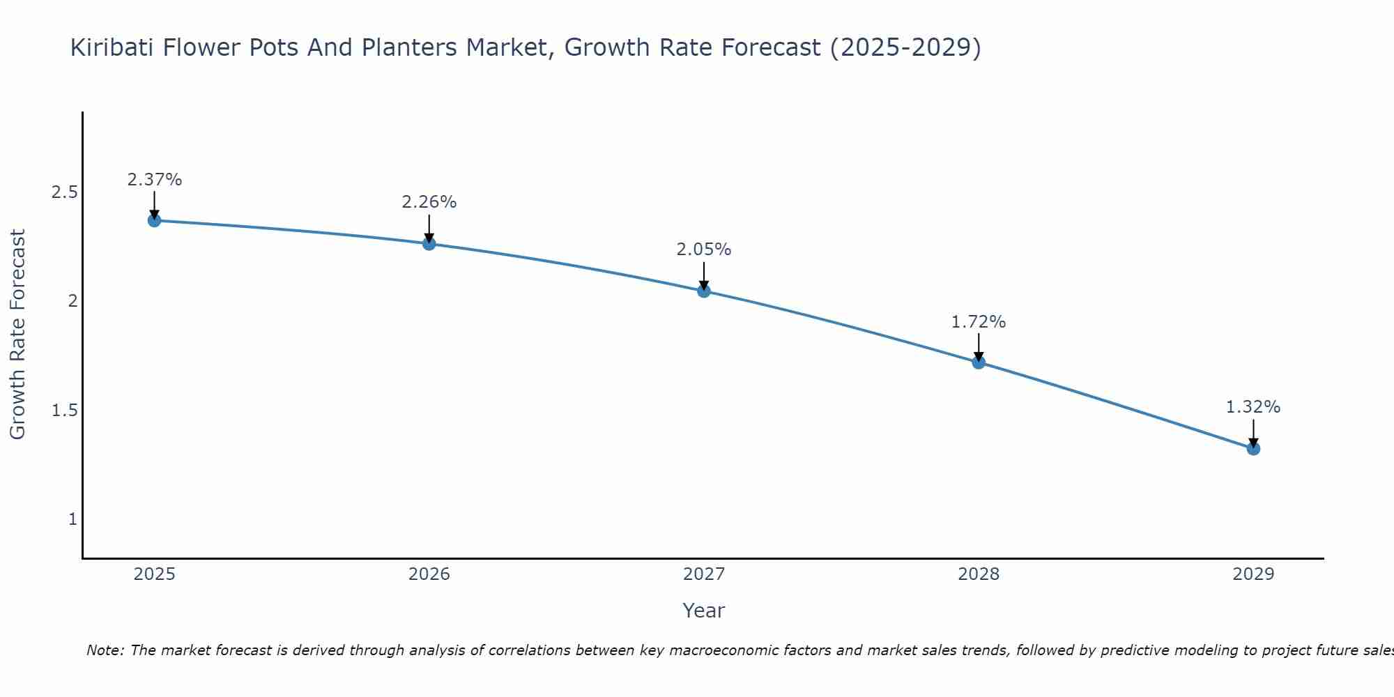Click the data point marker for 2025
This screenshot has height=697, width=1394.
[154, 220]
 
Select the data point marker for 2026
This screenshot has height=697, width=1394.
[429, 243]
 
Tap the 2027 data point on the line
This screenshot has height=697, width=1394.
[703, 291]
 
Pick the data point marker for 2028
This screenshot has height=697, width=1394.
[978, 362]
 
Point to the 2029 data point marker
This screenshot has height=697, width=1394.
[1253, 448]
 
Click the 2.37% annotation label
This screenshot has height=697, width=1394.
[154, 180]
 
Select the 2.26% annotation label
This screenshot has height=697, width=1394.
[429, 202]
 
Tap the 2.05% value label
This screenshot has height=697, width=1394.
[703, 250]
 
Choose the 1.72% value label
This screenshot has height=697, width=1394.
[978, 322]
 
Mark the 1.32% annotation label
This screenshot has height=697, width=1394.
[1253, 407]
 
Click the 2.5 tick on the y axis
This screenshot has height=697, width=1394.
[64, 192]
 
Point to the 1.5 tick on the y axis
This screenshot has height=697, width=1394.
[64, 411]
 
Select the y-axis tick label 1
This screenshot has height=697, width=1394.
[72, 519]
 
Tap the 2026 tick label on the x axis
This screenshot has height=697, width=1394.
[429, 574]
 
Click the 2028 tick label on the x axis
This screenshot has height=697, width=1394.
[978, 574]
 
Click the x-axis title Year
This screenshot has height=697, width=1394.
[703, 611]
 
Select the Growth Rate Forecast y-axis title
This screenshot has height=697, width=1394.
[17, 334]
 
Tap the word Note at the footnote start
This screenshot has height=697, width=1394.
[104, 650]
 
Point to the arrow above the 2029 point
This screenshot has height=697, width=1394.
[1253, 432]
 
